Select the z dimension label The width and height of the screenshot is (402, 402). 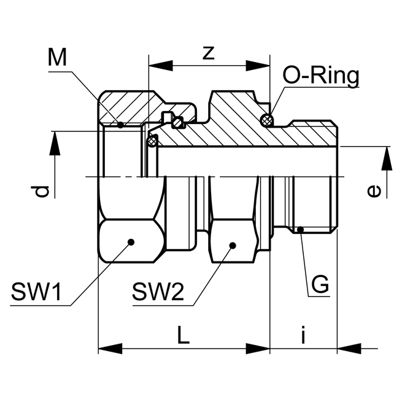coord(209,53)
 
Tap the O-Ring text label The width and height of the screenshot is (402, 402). coord(320,76)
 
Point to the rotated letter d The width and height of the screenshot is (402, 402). coord(41,191)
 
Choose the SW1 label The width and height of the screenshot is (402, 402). coord(36,293)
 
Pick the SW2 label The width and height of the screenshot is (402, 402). coord(158,293)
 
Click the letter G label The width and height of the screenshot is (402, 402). coord(319,285)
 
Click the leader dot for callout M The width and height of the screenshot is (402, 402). coord(121,125)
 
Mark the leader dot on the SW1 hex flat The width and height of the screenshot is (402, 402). coord(131,242)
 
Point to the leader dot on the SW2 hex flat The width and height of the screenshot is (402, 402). coord(233,245)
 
